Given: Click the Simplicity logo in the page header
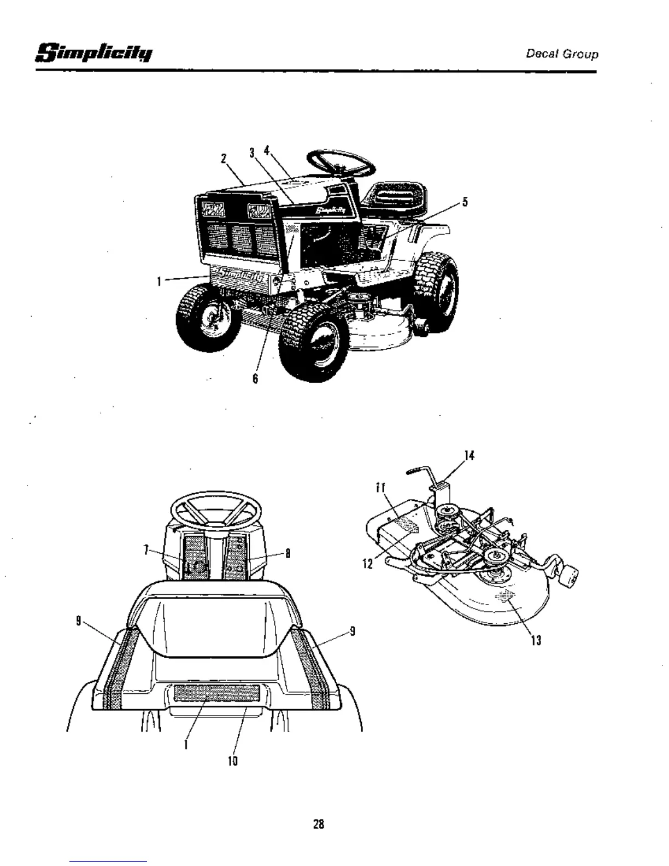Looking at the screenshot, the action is click(94, 54).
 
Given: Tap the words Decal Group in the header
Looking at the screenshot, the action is click(562, 54).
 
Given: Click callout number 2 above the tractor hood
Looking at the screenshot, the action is click(224, 159).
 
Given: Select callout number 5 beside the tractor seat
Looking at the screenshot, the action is click(465, 202).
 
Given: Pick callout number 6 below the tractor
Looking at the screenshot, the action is click(255, 378).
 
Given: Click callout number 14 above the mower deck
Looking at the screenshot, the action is click(468, 455).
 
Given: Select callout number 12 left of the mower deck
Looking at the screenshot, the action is click(367, 563).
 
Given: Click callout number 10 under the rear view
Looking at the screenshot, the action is click(233, 760).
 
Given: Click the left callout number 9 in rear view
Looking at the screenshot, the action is click(79, 621).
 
